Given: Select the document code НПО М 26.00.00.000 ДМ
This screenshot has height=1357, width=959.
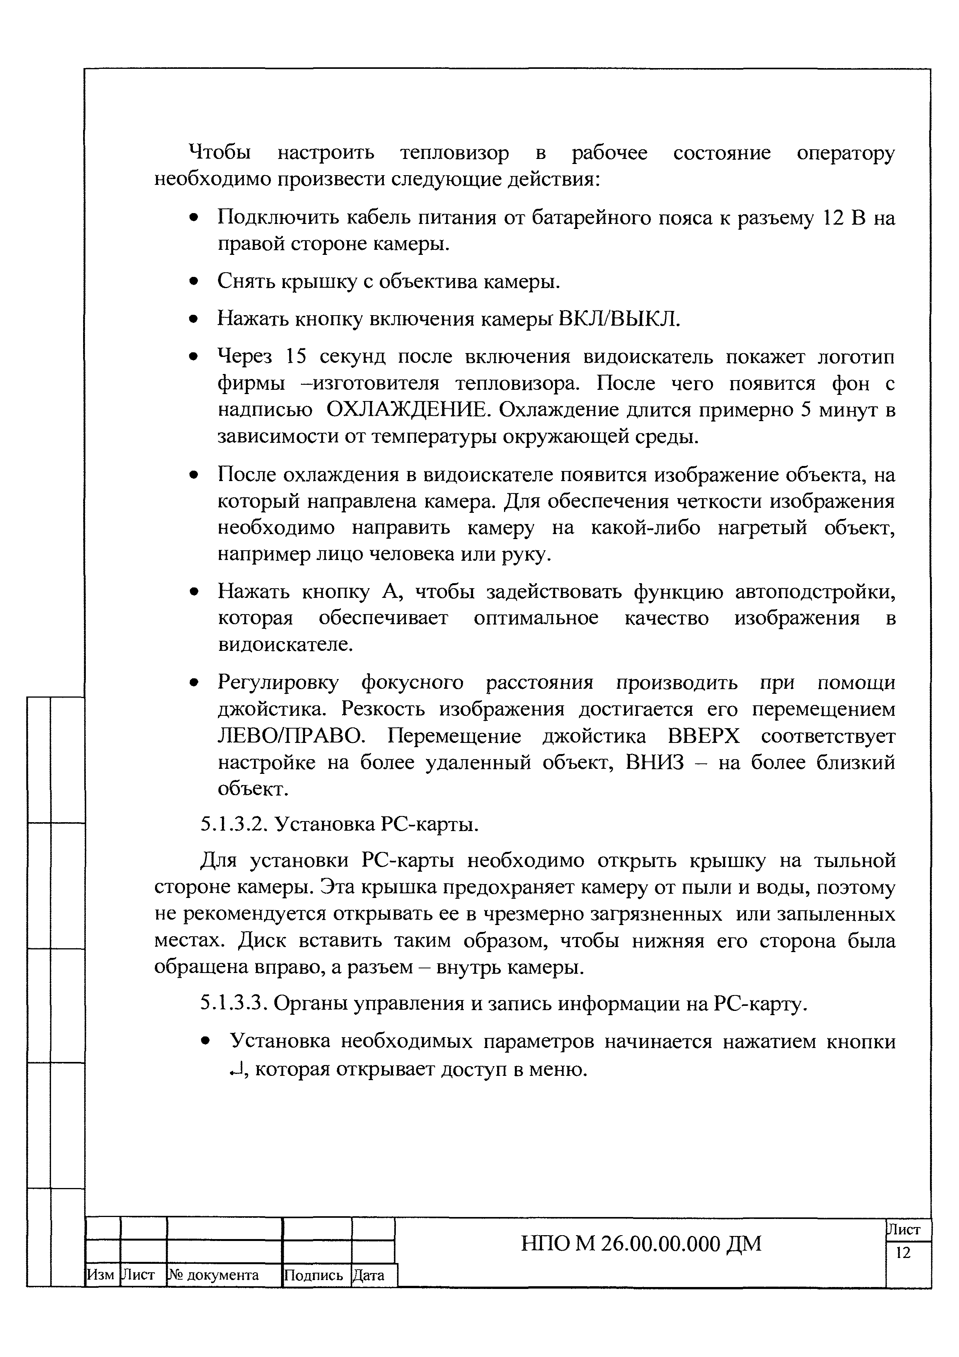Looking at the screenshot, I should (641, 1244).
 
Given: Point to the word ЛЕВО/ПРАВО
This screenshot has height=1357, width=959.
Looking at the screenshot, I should (292, 736).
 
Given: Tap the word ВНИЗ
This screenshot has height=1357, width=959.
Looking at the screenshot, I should (655, 763).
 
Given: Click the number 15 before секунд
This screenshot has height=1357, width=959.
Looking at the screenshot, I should (298, 357).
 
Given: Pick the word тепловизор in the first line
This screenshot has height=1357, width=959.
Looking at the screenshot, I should (455, 153).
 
